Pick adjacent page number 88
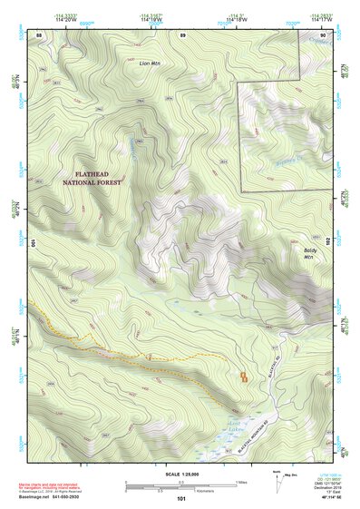(40, 34)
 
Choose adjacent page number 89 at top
(182, 34)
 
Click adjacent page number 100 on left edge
(32, 243)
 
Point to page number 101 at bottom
(181, 498)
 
